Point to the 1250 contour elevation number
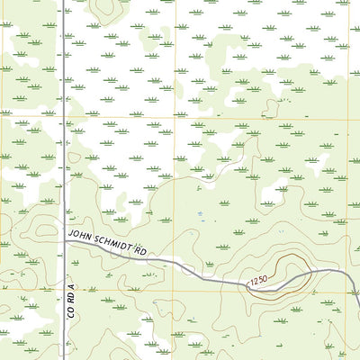(x=259, y=283)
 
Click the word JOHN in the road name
(x=81, y=236)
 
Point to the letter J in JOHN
(x=71, y=234)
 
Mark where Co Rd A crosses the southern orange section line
(x=63, y=290)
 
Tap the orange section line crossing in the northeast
(x=348, y=121)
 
